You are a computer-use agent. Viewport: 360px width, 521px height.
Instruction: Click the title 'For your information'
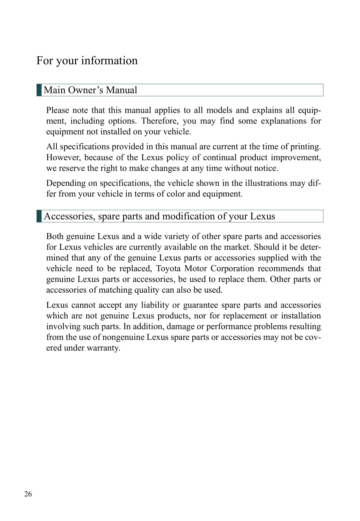(87, 60)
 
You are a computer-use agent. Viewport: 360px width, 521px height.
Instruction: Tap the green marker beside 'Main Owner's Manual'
(39, 90)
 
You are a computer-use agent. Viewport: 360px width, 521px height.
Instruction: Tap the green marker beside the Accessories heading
(39, 216)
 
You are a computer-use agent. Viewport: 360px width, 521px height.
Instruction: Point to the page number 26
(28, 494)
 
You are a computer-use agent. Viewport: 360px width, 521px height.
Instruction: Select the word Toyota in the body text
(168, 268)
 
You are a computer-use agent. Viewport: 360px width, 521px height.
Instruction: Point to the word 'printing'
(305, 146)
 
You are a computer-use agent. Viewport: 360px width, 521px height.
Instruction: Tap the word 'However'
(63, 157)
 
